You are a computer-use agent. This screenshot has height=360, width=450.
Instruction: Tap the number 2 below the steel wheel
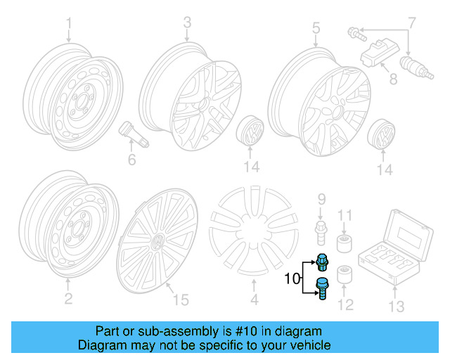click(x=68, y=300)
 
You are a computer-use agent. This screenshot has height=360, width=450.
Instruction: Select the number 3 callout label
click(x=186, y=23)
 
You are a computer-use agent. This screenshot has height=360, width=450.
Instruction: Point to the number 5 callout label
click(x=316, y=28)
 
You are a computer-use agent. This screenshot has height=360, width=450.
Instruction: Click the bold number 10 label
click(x=292, y=280)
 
